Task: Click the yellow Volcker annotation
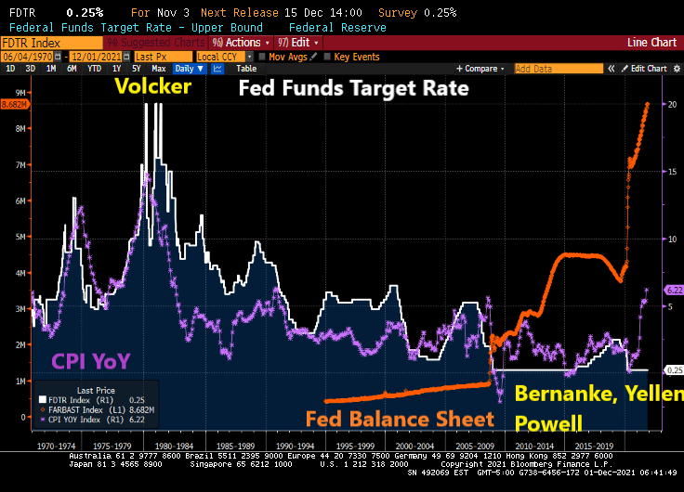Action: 152,88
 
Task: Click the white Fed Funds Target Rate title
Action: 353,90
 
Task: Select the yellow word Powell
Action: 548,423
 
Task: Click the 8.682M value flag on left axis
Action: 16,105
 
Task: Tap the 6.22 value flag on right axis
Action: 674,291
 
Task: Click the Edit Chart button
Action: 649,69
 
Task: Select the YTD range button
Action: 95,69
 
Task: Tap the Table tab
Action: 246,69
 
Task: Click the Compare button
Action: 480,69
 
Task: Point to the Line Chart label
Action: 651,43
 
